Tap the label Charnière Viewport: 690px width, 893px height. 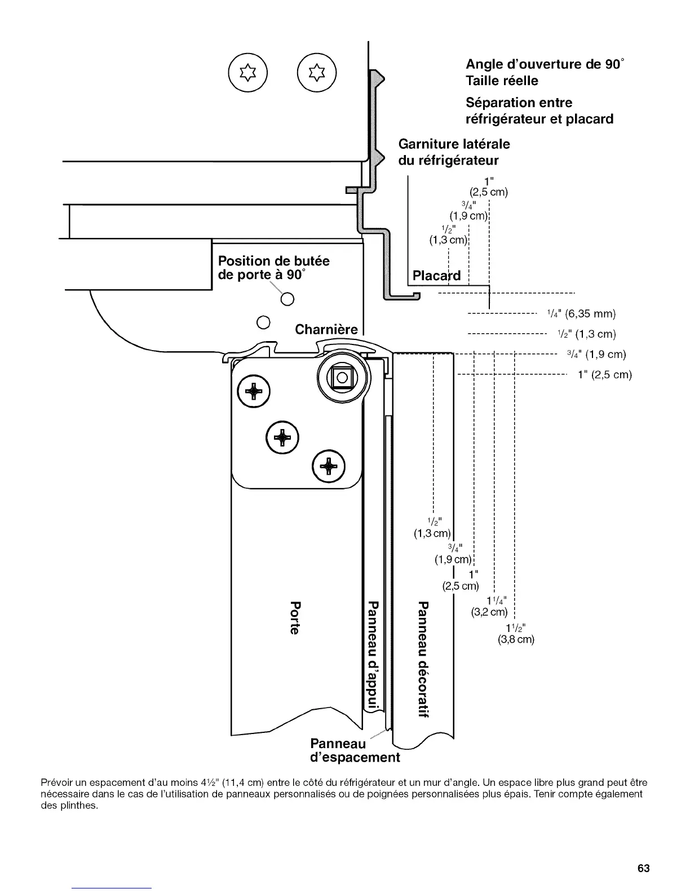coord(326,329)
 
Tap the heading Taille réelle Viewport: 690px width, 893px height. coord(502,81)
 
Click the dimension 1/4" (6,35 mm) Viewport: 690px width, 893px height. coord(581,313)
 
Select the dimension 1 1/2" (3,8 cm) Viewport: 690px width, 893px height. coord(516,634)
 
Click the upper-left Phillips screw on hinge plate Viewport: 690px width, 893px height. coord(253,391)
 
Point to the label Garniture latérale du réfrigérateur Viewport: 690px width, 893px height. coord(454,152)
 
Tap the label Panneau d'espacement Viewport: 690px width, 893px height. coord(355,750)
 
